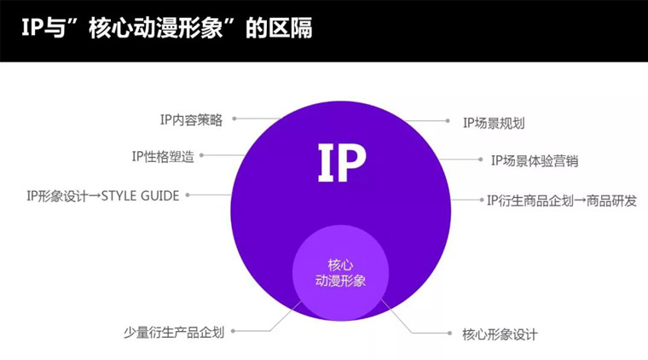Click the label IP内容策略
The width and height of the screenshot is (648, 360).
click(x=191, y=120)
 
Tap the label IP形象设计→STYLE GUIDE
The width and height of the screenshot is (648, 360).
click(x=102, y=195)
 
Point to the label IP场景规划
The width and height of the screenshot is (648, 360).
click(x=494, y=123)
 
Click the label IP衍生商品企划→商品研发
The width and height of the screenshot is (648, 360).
click(x=561, y=200)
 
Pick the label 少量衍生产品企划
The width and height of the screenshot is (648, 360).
click(x=174, y=332)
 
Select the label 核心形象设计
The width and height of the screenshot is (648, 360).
click(x=500, y=334)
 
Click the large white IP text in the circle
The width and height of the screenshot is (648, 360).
click(x=341, y=163)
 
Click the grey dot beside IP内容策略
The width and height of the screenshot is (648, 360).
click(x=234, y=119)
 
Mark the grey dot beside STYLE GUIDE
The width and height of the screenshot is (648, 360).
click(x=188, y=195)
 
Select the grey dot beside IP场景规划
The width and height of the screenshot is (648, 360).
click(x=448, y=122)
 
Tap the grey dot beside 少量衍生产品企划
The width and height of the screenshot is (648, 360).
click(x=234, y=331)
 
